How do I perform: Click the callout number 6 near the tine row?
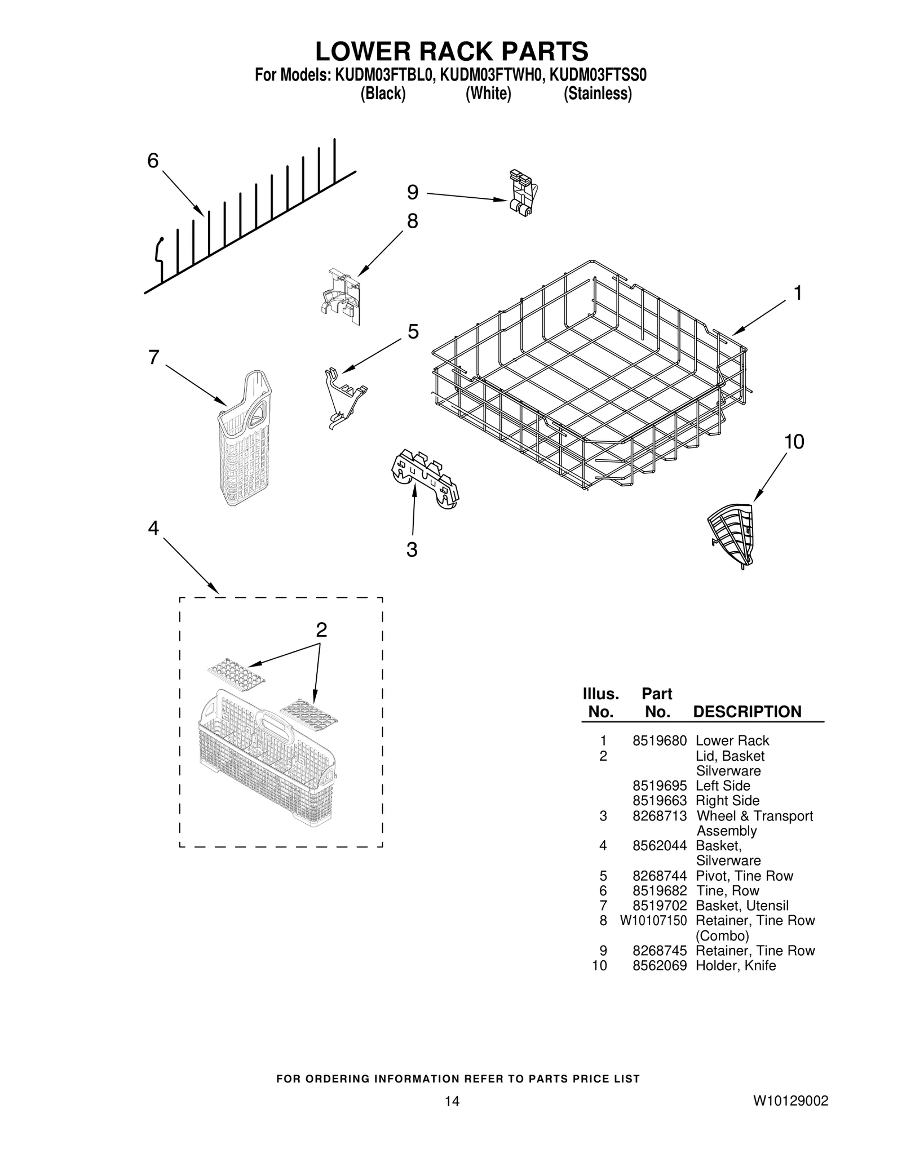[x=153, y=161]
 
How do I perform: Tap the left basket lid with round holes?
[x=236, y=673]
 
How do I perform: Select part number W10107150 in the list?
[x=653, y=921]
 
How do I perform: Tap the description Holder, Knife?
[x=735, y=966]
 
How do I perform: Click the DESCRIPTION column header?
[x=746, y=712]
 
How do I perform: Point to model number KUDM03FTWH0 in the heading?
[x=490, y=75]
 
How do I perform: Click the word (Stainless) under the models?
[x=597, y=94]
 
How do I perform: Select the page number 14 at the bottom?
[x=452, y=1117]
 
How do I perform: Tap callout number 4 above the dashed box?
[x=153, y=528]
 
